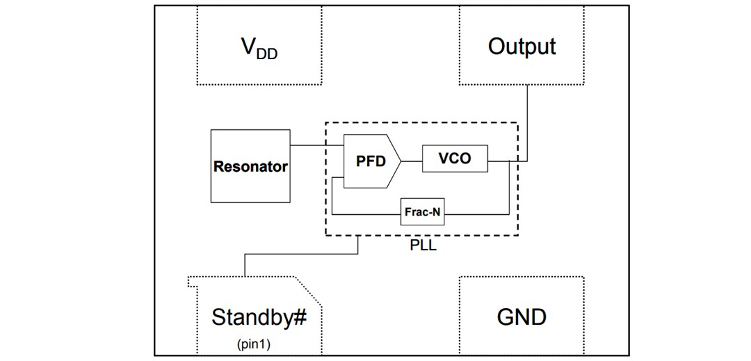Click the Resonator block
point(250,166)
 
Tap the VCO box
point(455,159)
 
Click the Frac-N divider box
point(422,213)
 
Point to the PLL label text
point(423,246)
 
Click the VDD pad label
point(258,49)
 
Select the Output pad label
point(522,47)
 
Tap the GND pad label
point(522,317)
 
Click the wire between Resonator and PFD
point(317,145)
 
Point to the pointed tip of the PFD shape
point(400,161)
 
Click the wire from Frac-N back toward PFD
point(366,214)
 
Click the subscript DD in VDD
point(266,54)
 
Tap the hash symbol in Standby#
point(300,317)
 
